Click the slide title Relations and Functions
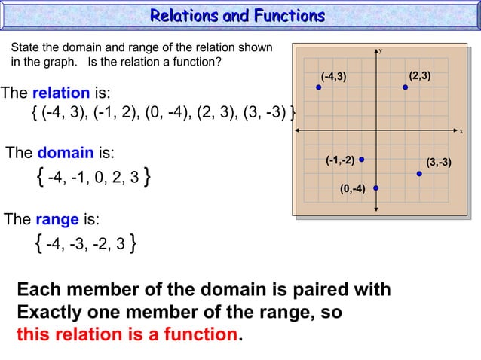coord(237,16)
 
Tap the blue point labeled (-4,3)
coord(319,88)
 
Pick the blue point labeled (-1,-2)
coord(362,160)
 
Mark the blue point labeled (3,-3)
coord(419,174)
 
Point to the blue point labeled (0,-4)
coord(375,188)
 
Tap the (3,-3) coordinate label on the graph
coord(439,162)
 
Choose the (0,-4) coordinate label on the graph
coord(352,188)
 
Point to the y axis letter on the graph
coord(380,50)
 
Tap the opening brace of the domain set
coord(38,178)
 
